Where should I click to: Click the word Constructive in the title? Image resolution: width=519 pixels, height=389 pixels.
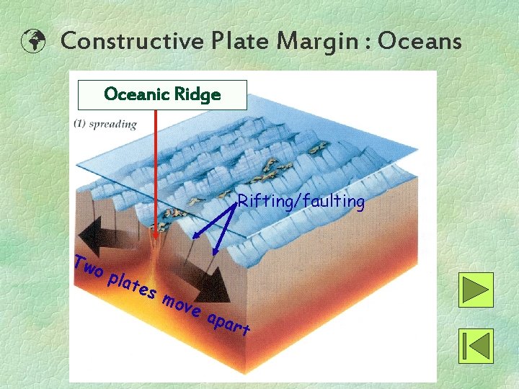point(131,41)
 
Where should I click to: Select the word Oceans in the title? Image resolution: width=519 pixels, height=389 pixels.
point(420,41)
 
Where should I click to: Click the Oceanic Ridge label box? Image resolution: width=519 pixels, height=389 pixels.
point(162,94)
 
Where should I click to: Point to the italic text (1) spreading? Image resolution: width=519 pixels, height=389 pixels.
point(105,124)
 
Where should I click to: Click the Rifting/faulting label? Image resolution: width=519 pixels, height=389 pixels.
point(301,202)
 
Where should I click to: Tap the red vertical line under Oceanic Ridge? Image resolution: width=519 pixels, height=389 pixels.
point(156,166)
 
